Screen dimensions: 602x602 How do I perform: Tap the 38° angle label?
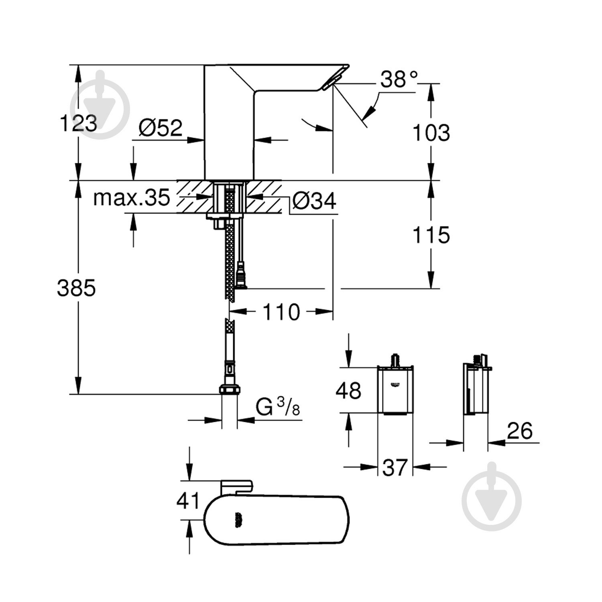(393, 79)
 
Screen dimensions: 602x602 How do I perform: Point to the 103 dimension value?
(431, 132)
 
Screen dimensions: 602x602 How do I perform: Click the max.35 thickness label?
(132, 197)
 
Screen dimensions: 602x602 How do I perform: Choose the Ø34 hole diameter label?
(314, 200)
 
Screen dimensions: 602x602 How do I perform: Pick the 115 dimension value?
(431, 235)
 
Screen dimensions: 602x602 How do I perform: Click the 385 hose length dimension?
(76, 288)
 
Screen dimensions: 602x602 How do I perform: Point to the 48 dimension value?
(348, 390)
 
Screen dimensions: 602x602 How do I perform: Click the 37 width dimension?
(395, 467)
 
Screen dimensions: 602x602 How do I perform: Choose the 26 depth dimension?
(520, 431)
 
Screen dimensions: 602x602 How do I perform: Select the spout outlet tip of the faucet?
(331, 82)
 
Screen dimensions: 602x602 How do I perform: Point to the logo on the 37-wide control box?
(395, 385)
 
